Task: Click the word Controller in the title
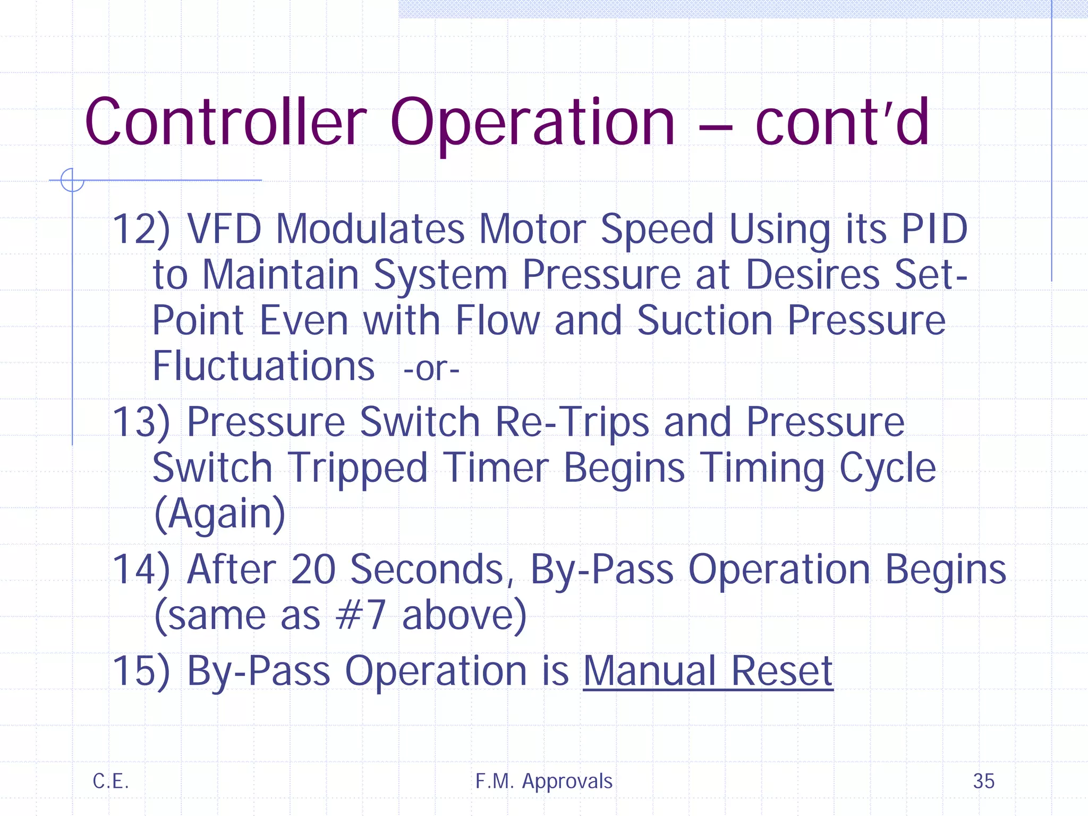click(x=226, y=122)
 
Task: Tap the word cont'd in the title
click(x=842, y=122)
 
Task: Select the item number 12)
click(x=141, y=229)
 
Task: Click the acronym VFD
click(x=224, y=229)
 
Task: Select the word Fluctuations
click(x=264, y=367)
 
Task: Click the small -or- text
click(x=431, y=369)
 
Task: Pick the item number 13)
click(x=141, y=422)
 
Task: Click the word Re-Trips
click(x=572, y=422)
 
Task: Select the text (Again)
click(x=219, y=514)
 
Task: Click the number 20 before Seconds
click(x=313, y=569)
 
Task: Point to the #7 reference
click(x=361, y=616)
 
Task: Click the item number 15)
click(x=141, y=671)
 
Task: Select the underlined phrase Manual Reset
click(x=708, y=671)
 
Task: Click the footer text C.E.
click(x=110, y=781)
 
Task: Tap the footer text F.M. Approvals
click(x=544, y=781)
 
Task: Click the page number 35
click(x=983, y=781)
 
